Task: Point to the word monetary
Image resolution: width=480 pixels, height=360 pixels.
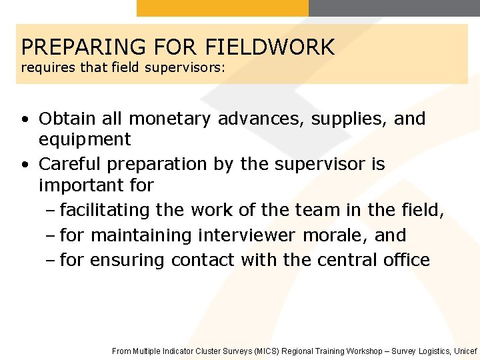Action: [170, 119]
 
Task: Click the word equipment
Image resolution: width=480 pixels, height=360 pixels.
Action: [85, 140]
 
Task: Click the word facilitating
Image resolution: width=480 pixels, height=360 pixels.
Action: [105, 211]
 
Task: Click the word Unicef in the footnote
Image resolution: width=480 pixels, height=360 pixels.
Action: [465, 351]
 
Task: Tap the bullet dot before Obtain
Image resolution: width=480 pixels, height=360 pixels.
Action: [24, 120]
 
